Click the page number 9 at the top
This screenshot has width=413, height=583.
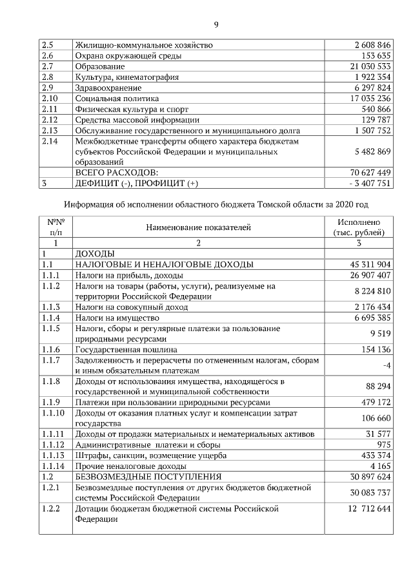click(216, 25)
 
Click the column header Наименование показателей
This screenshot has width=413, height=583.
click(198, 227)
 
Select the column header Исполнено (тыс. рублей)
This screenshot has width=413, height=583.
click(359, 227)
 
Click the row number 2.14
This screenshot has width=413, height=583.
click(50, 140)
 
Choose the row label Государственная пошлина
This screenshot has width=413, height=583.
click(123, 349)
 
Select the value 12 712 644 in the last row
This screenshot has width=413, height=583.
click(361, 509)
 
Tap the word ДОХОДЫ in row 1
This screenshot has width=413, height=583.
click(95, 254)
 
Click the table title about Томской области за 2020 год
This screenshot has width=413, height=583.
click(216, 204)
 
